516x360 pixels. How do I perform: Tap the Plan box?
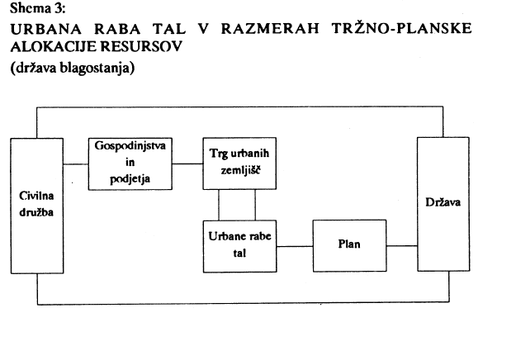[349, 245]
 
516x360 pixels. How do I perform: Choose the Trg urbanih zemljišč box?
[239, 164]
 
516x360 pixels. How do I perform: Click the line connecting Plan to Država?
[401, 246]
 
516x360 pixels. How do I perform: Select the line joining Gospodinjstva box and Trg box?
[188, 163]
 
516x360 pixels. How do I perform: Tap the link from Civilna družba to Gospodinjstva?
[77, 163]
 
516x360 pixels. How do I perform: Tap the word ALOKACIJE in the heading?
[50, 46]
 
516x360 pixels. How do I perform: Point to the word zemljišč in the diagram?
[239, 172]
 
